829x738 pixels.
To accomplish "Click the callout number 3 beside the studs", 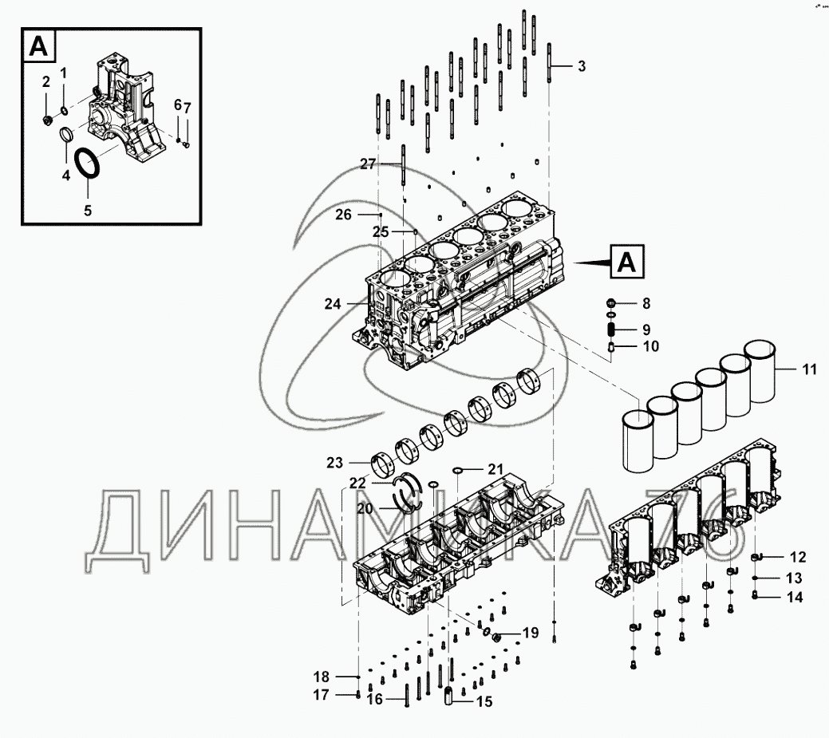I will coord(582,66).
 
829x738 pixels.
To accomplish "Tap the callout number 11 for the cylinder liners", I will coord(809,369).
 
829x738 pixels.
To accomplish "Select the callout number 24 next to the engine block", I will coord(333,304).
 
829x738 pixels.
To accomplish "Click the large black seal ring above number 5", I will coord(88,166).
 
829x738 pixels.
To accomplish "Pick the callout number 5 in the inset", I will coord(88,211).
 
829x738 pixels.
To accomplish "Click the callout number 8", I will coord(646,303).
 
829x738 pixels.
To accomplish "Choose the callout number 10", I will coord(651,346).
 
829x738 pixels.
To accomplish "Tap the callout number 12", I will coord(798,557).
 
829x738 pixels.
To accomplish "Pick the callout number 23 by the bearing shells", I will coord(334,463).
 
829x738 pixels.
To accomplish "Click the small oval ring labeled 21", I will coord(459,469).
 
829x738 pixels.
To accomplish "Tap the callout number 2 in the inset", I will coord(46,81).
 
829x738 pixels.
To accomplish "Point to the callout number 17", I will coord(321,695).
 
